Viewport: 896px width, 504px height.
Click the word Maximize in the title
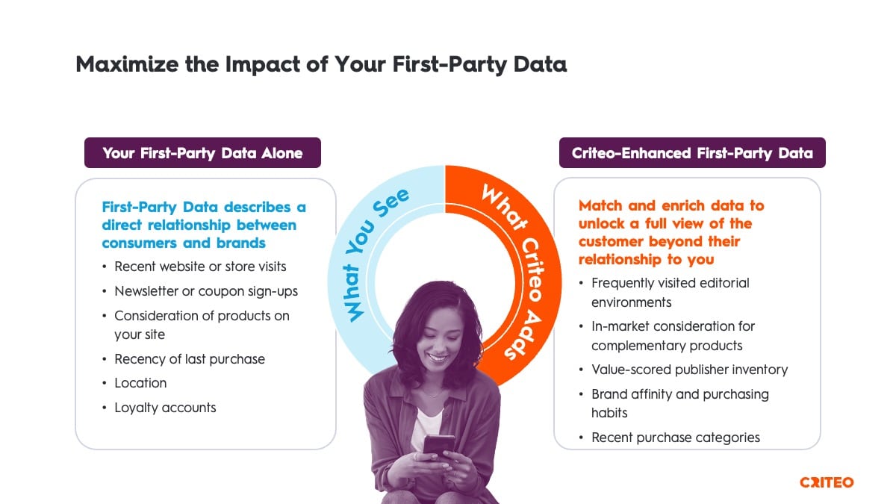coord(127,64)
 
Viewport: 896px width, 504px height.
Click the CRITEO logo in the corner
coord(827,482)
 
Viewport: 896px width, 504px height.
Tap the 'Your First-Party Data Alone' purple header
coord(202,153)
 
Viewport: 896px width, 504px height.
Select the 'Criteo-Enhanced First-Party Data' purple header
coord(692,153)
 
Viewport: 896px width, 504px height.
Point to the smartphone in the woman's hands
coord(438,445)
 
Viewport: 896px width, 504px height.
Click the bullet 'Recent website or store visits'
coord(200,267)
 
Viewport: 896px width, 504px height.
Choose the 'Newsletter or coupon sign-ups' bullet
coord(206,291)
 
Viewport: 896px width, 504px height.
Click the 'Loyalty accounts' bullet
coord(165,408)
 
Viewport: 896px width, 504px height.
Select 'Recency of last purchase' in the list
coord(190,359)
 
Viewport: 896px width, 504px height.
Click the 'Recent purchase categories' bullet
coord(676,438)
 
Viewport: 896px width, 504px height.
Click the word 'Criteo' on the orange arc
coord(532,269)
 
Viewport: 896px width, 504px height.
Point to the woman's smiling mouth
coord(438,357)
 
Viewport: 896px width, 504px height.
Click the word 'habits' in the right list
coord(609,413)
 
